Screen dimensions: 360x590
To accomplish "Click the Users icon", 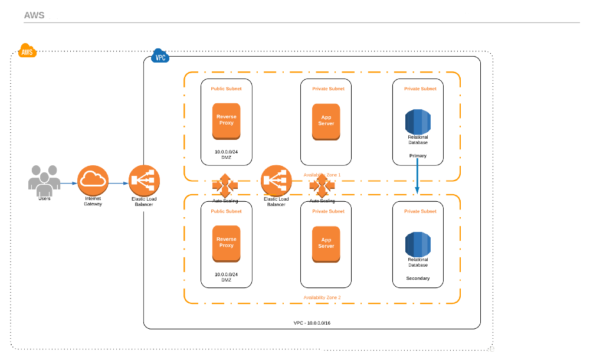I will (44, 179).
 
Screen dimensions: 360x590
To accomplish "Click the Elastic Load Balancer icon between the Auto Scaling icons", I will (276, 180).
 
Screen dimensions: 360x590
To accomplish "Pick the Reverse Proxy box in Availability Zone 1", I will (226, 120).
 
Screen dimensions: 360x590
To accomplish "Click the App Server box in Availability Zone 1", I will (326, 121).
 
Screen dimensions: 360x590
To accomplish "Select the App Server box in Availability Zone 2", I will (326, 243).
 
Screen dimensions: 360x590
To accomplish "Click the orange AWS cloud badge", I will (27, 51).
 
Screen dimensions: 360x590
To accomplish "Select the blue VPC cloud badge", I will (160, 57).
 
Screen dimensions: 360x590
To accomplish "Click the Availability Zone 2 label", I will (322, 297).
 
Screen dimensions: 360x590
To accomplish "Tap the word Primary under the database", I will (418, 156).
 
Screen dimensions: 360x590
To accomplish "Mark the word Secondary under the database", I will (418, 278).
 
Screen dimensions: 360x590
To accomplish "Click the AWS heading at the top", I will (34, 15).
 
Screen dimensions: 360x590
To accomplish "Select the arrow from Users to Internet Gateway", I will (68, 183).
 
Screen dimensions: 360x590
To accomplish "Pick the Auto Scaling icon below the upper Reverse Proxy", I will (225, 185).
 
